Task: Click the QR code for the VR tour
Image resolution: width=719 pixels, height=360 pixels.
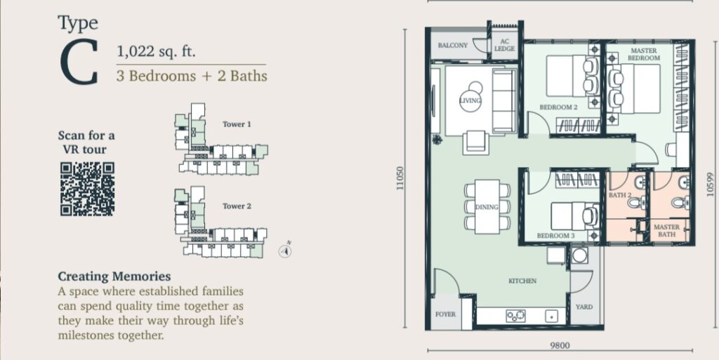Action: [x=87, y=189]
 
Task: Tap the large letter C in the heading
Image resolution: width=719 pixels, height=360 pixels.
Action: [x=79, y=62]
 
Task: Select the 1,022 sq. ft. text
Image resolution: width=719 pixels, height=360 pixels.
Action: [x=157, y=51]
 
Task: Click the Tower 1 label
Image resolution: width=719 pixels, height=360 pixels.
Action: [x=237, y=124]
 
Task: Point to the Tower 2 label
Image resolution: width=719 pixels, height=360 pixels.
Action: [x=237, y=206]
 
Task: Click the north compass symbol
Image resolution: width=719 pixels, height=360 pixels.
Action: [x=285, y=251]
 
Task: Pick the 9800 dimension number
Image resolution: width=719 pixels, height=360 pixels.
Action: [x=560, y=346]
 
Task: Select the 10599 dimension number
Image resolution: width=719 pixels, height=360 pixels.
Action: [x=711, y=184]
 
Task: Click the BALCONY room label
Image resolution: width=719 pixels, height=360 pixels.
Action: [x=453, y=46]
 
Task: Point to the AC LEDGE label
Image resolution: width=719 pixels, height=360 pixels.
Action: [x=504, y=46]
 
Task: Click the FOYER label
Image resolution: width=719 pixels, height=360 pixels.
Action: [x=446, y=314]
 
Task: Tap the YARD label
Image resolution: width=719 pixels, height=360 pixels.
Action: [x=583, y=307]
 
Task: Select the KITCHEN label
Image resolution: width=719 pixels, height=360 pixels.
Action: [x=522, y=281]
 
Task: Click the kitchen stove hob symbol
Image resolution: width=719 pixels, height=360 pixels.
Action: [x=515, y=316]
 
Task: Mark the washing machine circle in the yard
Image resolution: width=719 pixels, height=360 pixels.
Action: [x=579, y=255]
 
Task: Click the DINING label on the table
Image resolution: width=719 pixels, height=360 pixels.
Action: [x=487, y=207]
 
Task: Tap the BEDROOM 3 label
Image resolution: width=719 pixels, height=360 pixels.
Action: [x=556, y=236]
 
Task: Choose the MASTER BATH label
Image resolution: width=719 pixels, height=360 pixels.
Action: [x=667, y=230]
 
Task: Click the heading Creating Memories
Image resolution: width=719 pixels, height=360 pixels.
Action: [x=114, y=276]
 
